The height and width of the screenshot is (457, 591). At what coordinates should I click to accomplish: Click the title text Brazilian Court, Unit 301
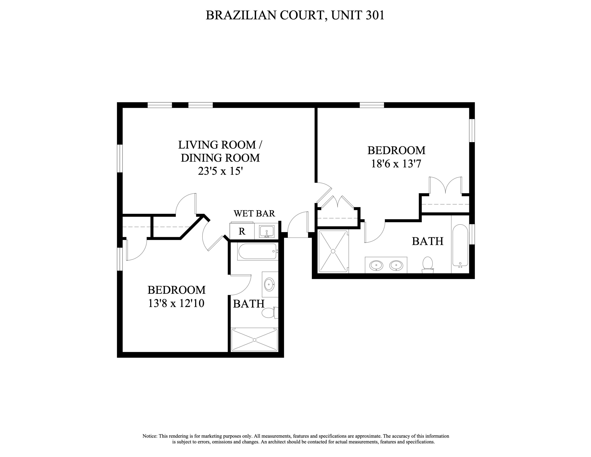(295, 15)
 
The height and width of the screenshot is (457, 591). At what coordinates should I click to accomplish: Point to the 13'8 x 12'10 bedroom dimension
(176, 303)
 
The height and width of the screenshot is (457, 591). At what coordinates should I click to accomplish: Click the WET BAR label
(254, 213)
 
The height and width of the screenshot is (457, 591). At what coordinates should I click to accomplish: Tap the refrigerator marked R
(242, 231)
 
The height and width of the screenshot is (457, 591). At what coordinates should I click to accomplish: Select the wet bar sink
(267, 231)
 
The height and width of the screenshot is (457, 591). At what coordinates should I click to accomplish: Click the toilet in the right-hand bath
(427, 264)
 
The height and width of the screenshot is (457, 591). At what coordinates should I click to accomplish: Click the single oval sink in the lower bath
(269, 284)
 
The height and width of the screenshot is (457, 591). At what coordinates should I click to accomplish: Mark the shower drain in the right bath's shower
(333, 251)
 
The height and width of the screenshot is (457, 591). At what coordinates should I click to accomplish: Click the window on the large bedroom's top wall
(372, 105)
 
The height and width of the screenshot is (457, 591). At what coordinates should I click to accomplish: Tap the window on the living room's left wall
(120, 158)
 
